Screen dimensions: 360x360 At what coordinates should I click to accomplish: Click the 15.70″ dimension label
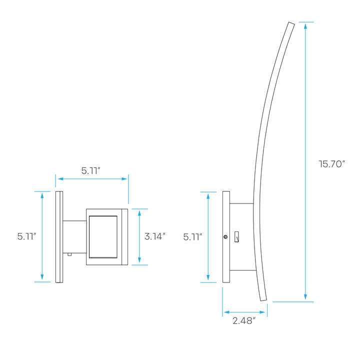point(332,164)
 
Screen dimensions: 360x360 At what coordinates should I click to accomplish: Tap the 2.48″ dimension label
point(244,320)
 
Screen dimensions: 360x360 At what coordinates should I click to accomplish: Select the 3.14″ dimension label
point(155,236)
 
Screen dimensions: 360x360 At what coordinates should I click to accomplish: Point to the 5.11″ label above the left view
point(91,170)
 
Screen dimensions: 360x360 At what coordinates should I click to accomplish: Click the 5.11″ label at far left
point(26,236)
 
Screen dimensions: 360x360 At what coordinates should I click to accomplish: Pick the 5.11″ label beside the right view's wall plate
point(192,236)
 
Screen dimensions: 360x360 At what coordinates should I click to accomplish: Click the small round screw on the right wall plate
point(225,236)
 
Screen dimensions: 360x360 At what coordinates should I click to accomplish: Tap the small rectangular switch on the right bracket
point(236,237)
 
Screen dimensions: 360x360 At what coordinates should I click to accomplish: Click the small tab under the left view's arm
point(69,254)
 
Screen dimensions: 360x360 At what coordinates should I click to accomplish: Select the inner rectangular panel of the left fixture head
point(103,236)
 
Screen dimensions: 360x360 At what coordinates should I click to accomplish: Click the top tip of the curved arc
point(291,23)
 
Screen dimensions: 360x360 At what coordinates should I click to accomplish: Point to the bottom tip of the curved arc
point(263,300)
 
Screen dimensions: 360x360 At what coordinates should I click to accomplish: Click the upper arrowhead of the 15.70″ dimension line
point(305,25)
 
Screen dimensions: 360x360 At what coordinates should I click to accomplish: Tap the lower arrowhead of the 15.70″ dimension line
point(305,297)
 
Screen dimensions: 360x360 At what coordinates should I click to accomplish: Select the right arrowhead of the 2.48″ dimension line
point(262,312)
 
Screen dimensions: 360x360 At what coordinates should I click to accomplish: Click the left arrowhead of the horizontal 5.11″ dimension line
point(60,179)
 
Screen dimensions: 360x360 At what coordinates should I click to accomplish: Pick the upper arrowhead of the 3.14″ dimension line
point(139,213)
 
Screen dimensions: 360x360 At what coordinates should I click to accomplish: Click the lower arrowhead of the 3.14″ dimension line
point(139,260)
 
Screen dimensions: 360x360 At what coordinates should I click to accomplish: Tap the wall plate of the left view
point(59,237)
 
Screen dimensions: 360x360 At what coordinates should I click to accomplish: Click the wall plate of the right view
point(226,237)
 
